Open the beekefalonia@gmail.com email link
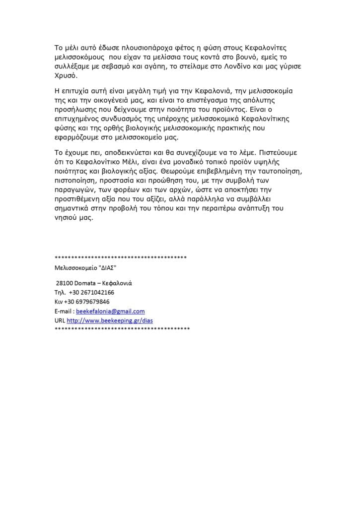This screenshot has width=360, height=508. click(x=110, y=311)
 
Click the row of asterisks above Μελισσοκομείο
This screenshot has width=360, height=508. click(x=121, y=257)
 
